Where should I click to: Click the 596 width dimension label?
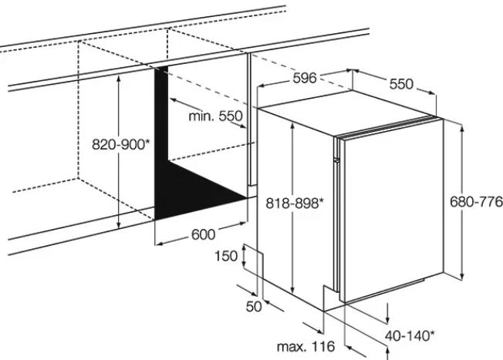point(305,78)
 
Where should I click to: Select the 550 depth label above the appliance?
point(401,84)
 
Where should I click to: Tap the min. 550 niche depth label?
point(215,116)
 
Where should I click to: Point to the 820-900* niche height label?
point(120,145)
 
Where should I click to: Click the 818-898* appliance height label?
point(295,203)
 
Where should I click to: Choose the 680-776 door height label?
point(476,202)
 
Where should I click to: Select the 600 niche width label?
point(204,234)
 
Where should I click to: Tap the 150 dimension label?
point(226,256)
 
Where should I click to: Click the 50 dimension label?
point(254,307)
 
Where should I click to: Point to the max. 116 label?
point(306,347)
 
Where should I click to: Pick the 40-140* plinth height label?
point(410,336)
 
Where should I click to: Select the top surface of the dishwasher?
point(346,113)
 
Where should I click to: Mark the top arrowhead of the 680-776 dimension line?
point(462,129)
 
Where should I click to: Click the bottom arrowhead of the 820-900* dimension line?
point(119,225)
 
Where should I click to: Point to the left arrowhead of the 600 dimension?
point(159,244)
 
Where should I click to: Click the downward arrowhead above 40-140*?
point(388,320)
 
